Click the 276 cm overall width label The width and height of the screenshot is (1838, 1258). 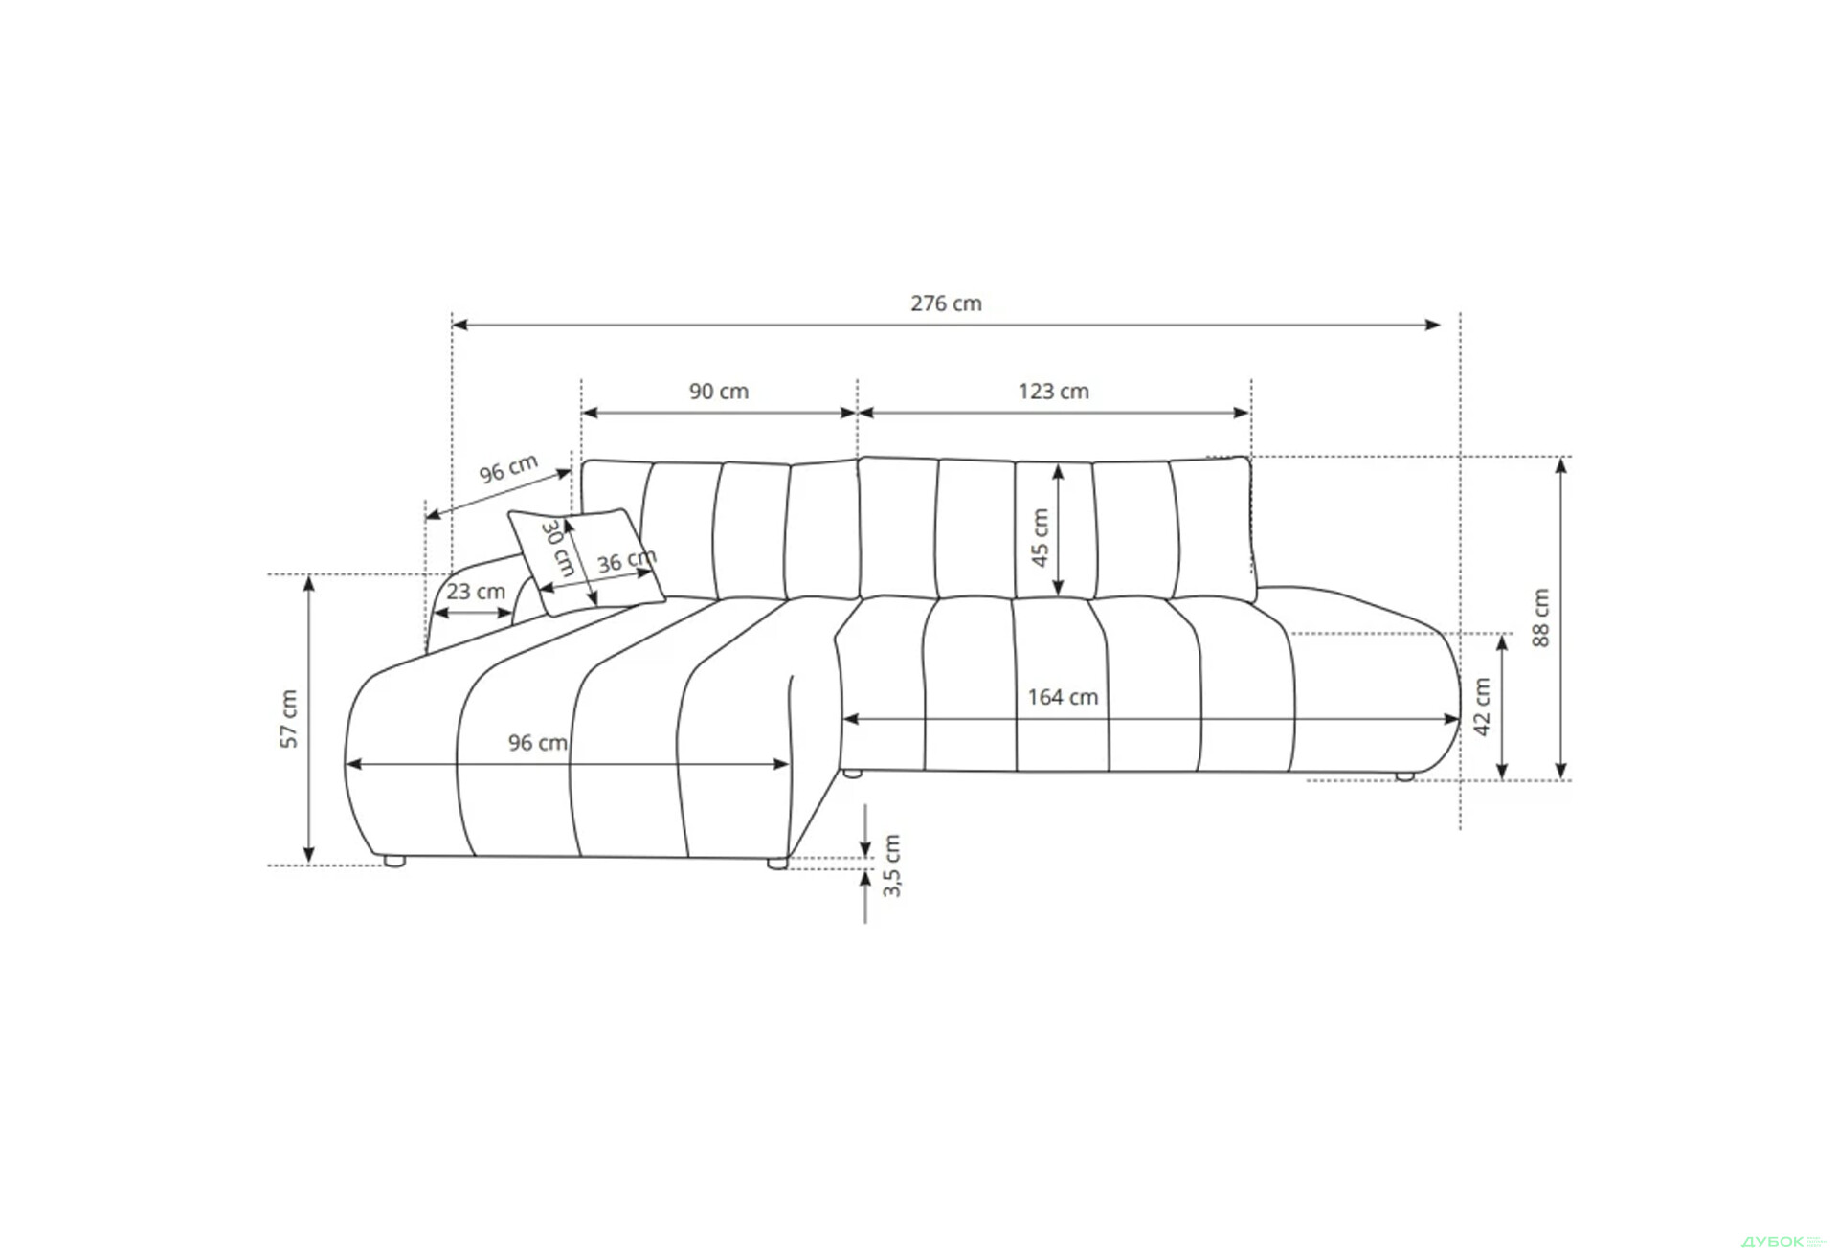(946, 303)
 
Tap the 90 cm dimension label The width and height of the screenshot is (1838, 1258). (719, 392)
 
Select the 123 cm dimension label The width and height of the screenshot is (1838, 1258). (1053, 392)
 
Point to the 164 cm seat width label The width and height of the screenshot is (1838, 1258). (1063, 697)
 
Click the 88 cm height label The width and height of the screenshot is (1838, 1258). (1540, 618)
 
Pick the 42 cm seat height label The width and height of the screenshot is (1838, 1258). (1482, 707)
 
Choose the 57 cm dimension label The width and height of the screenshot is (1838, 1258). (288, 718)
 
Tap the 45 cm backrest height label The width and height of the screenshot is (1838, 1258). (1040, 537)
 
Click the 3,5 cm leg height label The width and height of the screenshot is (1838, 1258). (891, 865)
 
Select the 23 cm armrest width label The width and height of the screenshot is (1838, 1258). (476, 592)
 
